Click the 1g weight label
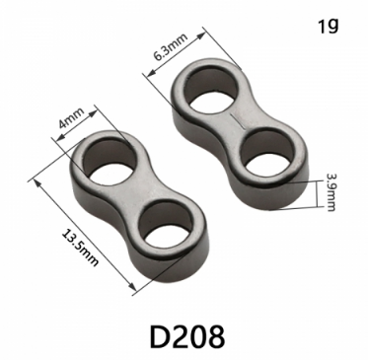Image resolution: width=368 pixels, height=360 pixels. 328,26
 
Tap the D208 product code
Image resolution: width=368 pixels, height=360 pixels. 187,336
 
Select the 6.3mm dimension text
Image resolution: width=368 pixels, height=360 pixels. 171,46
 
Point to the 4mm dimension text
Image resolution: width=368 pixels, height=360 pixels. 71,118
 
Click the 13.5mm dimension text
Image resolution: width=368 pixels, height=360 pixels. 80,249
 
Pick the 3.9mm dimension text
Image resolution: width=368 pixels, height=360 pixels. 330,192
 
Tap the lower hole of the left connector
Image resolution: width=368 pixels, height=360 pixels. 166,225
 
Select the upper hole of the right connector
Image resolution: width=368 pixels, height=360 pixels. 210,89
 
